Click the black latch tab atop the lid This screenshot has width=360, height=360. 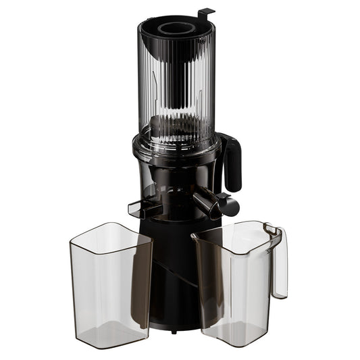tap(206, 12)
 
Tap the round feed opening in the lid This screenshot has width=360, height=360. tap(176, 28)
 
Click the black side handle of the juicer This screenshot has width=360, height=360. tap(232, 162)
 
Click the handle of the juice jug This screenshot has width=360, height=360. tap(279, 260)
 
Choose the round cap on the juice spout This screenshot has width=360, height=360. tap(226, 204)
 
